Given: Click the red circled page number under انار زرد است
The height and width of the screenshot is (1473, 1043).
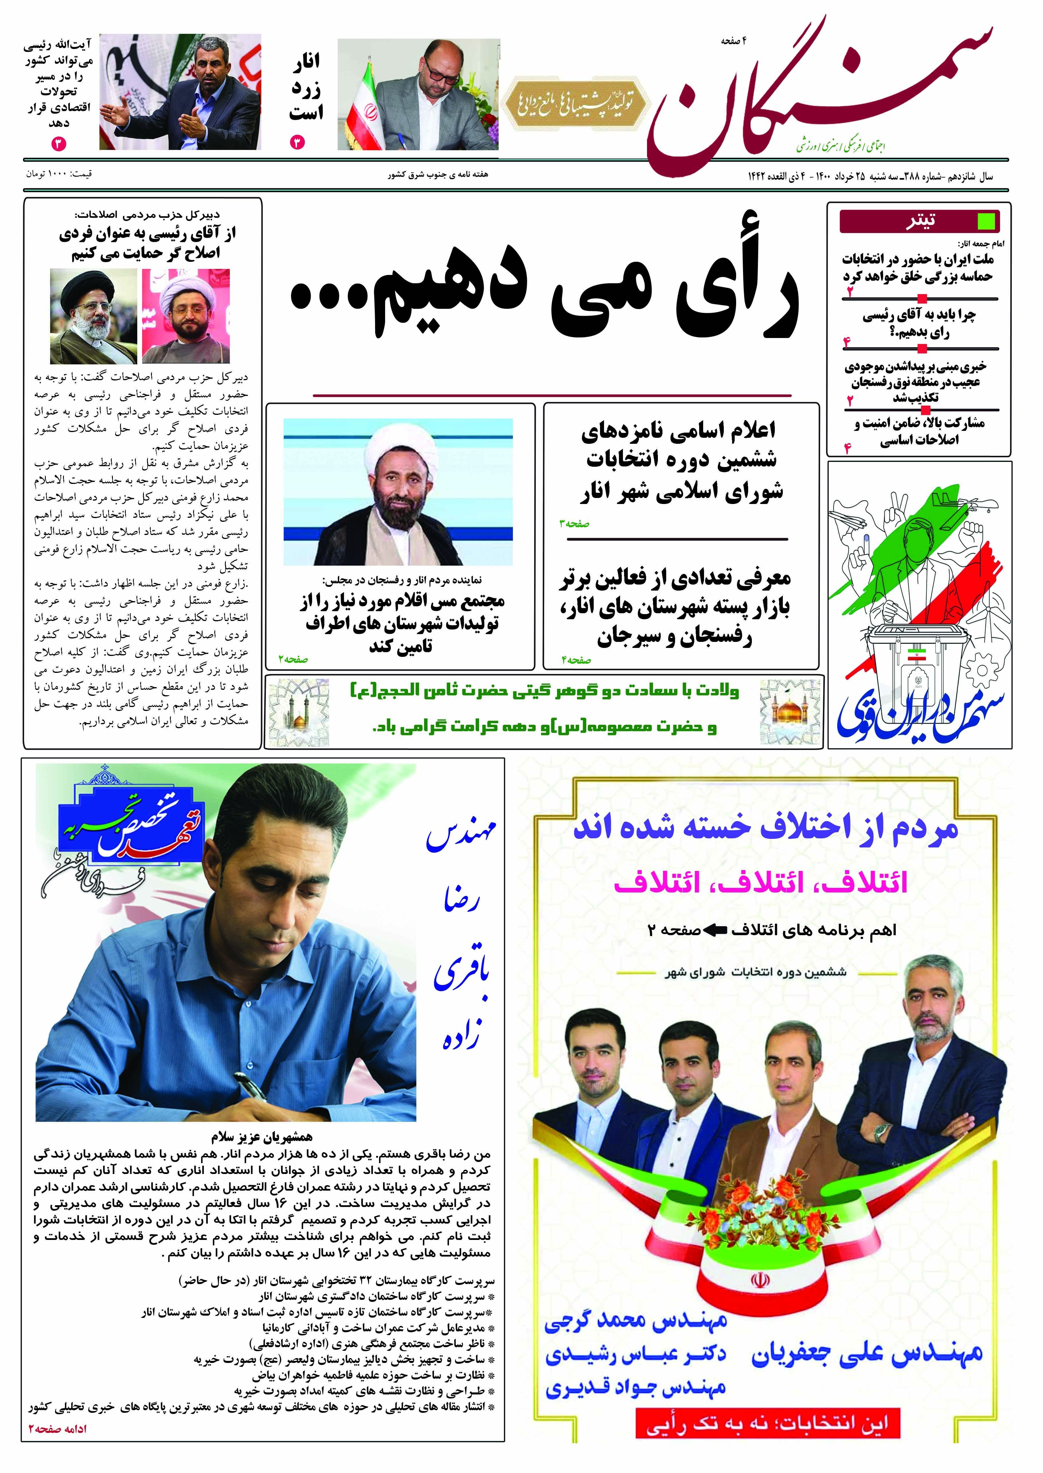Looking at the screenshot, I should click(x=297, y=142).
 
